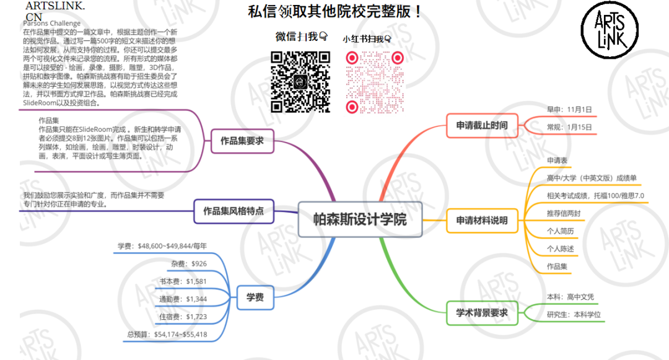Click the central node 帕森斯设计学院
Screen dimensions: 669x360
click(360, 219)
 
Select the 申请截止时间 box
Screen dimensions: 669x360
click(481, 126)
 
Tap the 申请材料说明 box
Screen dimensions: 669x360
click(481, 220)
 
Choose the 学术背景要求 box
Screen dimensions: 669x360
click(481, 313)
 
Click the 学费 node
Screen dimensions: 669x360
click(255, 297)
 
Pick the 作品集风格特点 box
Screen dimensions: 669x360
click(234, 211)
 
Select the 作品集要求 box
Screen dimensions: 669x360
click(242, 141)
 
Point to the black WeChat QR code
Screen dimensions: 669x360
click(300, 82)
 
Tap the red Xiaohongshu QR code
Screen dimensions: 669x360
click(375, 82)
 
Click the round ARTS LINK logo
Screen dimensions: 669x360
click(610, 30)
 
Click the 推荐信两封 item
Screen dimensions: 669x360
click(564, 214)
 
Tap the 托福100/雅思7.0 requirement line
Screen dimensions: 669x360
click(595, 196)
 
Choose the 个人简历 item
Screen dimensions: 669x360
click(560, 231)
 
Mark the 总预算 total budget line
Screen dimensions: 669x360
click(167, 335)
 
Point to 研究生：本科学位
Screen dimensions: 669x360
click(574, 315)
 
